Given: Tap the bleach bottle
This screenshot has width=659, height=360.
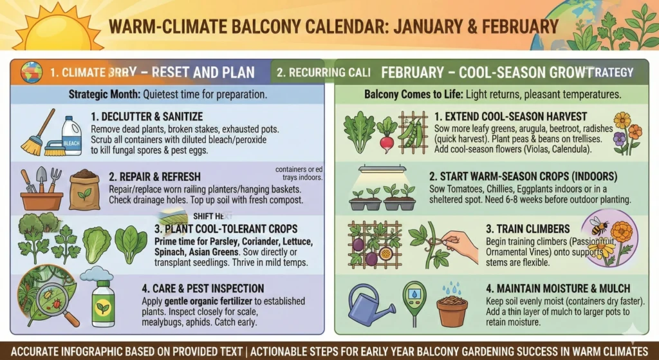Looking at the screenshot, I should click(x=71, y=135).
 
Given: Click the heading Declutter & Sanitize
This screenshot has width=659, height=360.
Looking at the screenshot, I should click(x=147, y=117).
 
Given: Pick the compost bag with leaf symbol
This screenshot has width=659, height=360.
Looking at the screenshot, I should click(x=84, y=189).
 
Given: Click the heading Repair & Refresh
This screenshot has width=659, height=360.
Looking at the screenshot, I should click(x=145, y=176).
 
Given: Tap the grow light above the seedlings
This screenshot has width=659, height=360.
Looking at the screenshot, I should click(x=382, y=171).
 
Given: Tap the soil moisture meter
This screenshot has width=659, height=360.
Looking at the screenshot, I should click(x=414, y=303).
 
